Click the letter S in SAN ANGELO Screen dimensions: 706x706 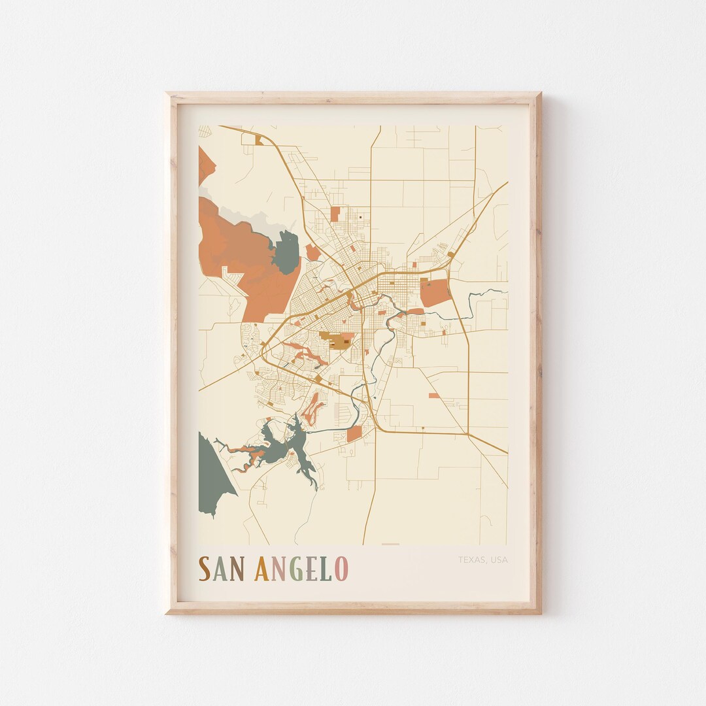(x=205, y=569)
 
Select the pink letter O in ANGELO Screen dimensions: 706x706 (x=341, y=569)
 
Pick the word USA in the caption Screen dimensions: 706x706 (x=499, y=560)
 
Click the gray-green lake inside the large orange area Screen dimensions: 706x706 (x=286, y=252)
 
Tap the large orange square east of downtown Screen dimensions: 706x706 (x=435, y=292)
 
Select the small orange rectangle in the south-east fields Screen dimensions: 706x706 (x=434, y=395)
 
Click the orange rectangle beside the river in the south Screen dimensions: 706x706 (x=354, y=433)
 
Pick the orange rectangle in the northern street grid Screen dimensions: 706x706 (x=335, y=214)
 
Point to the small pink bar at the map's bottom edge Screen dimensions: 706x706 (x=390, y=544)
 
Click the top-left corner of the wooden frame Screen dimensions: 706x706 (x=167, y=95)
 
